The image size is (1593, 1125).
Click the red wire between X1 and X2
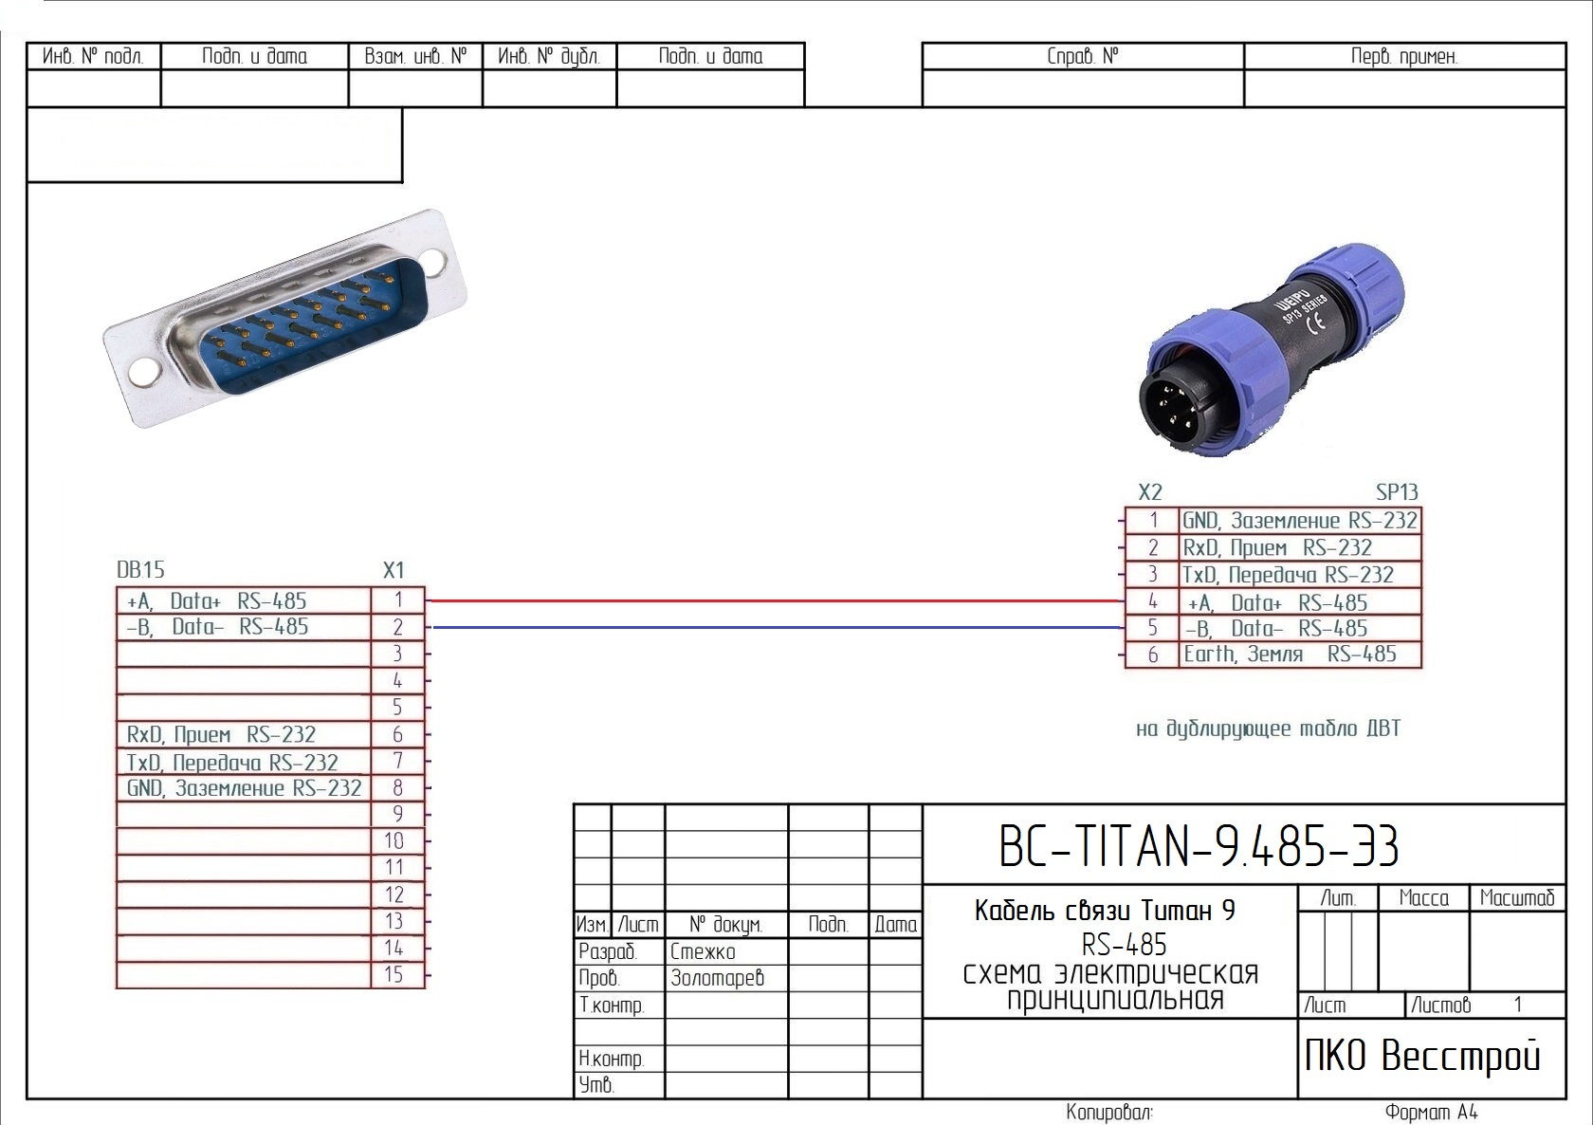click(x=777, y=600)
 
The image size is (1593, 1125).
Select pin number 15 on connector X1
click(x=394, y=974)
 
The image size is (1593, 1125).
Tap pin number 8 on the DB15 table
click(x=397, y=787)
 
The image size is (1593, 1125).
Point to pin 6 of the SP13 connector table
click(x=1153, y=654)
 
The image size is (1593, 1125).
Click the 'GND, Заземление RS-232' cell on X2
click(x=1299, y=521)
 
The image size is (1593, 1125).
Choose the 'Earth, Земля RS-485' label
click(x=1290, y=654)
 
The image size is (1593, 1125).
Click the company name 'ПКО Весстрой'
click(x=1422, y=1055)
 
